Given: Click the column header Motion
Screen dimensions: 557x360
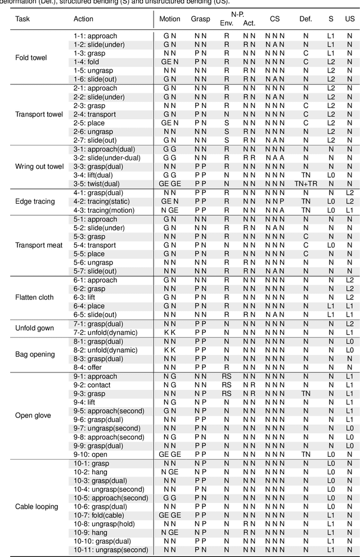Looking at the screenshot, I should coord(170,19).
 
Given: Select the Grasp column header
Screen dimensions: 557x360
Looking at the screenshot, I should coord(200,19).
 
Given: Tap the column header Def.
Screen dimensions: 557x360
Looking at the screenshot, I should coord(305,19).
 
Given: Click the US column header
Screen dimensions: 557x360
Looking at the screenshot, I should coord(349,19).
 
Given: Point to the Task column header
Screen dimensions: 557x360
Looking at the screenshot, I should coord(23,19).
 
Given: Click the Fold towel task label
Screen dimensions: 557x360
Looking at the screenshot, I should coord(31,57).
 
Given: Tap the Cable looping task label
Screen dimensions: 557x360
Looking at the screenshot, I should coord(37,506).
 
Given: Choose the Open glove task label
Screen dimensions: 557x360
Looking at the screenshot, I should coord(33,415).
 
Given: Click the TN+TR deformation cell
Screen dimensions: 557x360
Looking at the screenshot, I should coord(305,184).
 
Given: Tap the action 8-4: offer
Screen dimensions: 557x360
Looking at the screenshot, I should coord(88,367).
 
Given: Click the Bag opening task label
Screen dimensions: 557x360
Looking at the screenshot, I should coord(35,354).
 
